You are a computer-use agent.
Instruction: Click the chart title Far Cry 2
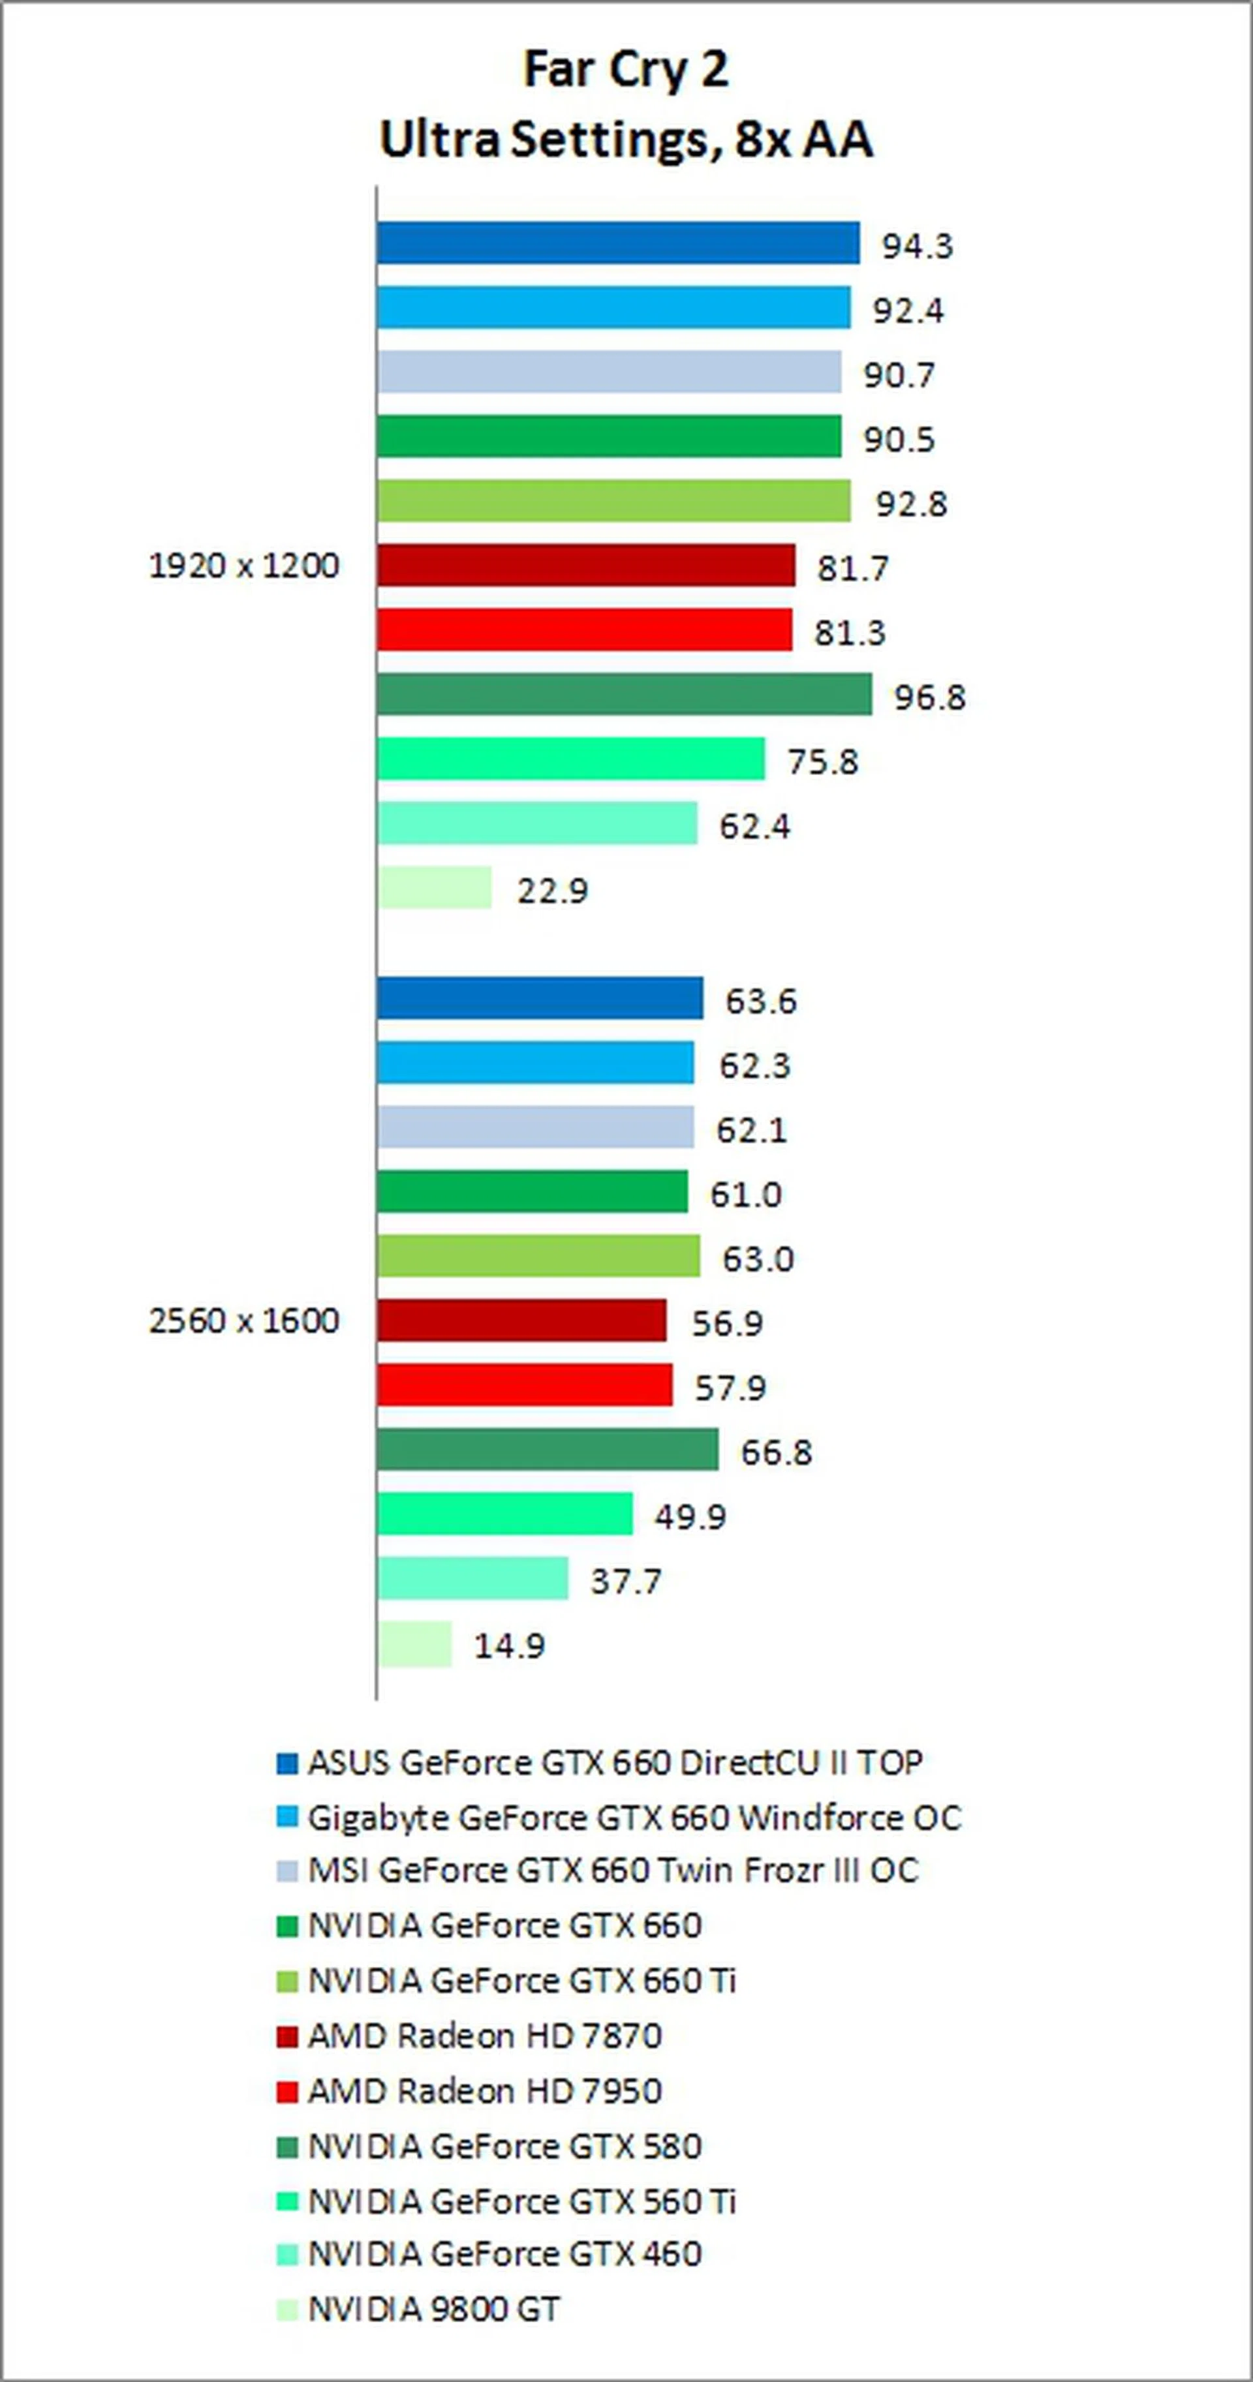(x=626, y=69)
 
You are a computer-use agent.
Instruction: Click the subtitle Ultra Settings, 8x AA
(x=626, y=140)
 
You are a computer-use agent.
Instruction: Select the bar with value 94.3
(x=618, y=243)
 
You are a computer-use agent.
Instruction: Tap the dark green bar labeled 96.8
(x=624, y=694)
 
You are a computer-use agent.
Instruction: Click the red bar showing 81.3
(x=585, y=630)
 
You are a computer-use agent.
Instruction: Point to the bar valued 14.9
(x=414, y=1644)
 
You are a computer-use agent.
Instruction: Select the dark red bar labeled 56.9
(x=521, y=1321)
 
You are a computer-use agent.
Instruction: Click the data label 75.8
(x=822, y=762)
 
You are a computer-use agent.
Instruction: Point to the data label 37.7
(x=626, y=1581)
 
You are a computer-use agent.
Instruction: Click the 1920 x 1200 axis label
(x=244, y=565)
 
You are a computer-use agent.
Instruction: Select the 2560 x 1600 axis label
(x=244, y=1321)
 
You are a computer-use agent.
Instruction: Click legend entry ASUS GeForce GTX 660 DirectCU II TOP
(x=615, y=1762)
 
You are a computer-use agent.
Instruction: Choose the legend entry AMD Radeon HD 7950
(x=484, y=2090)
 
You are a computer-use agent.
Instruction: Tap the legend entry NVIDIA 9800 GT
(x=434, y=2308)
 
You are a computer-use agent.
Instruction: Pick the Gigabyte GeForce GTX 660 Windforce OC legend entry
(x=634, y=1817)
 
